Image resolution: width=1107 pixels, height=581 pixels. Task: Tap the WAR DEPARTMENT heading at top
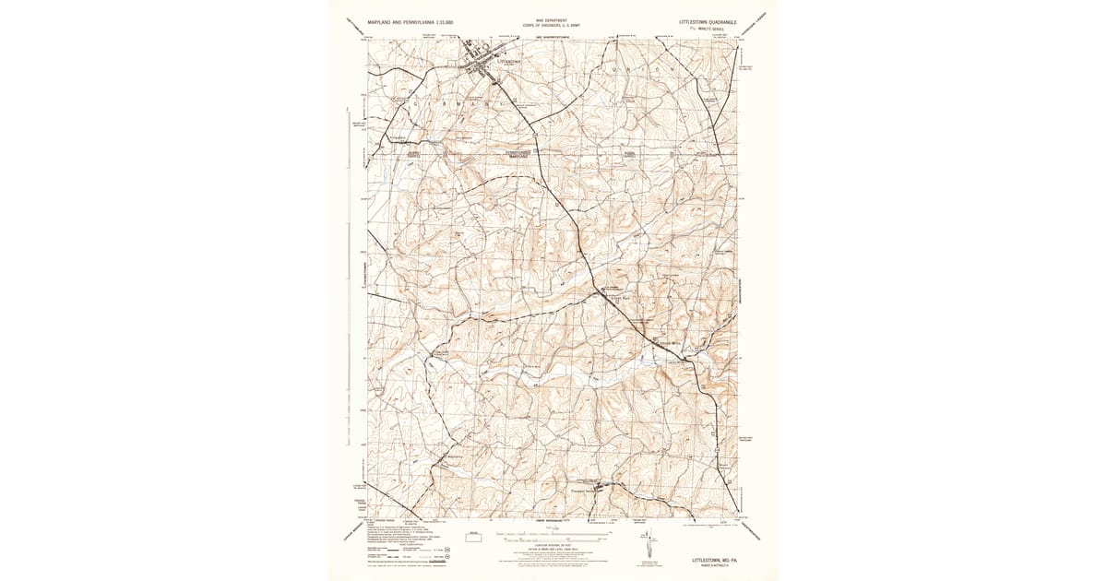pyautogui.click(x=551, y=19)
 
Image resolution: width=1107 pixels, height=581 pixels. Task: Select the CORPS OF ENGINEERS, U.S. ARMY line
pyautogui.click(x=551, y=25)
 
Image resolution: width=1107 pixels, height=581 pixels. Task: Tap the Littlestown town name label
pyautogui.click(x=508, y=62)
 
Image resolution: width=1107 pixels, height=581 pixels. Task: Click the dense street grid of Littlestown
pyautogui.click(x=482, y=64)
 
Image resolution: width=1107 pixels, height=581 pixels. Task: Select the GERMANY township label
pyautogui.click(x=452, y=104)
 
